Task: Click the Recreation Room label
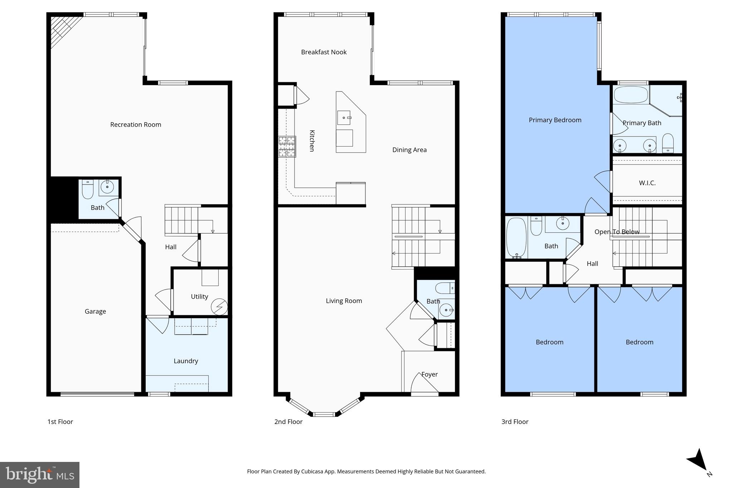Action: coord(135,124)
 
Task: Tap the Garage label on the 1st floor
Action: coord(95,311)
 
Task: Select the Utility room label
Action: coord(199,296)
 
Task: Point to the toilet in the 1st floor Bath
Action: coord(87,189)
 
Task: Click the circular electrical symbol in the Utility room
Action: coord(219,306)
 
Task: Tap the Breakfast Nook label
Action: coord(324,52)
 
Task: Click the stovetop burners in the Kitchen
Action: coord(287,147)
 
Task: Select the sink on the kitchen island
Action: coord(344,118)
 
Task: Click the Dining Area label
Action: coord(409,150)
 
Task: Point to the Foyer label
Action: coord(429,374)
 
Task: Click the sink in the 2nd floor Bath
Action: coord(446,310)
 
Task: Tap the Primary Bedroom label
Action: coord(555,120)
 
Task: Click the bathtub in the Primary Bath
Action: coord(631,95)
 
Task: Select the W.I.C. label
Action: coord(647,183)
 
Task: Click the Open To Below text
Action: coord(617,232)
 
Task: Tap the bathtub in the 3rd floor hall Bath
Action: coord(516,237)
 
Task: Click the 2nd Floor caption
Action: coord(288,422)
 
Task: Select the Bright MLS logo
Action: coord(40,475)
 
